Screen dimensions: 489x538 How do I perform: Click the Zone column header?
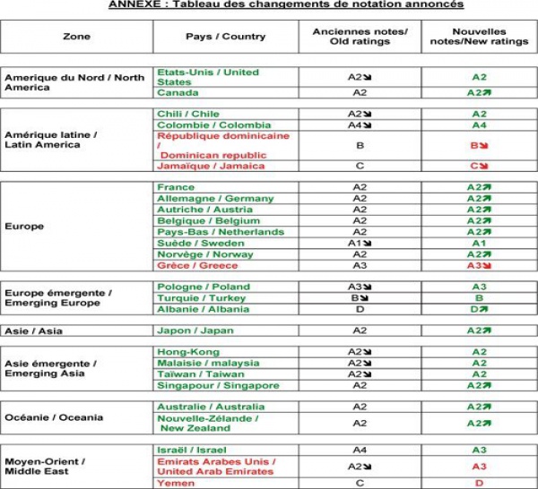pos(76,37)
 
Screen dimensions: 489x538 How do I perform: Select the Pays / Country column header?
pos(225,37)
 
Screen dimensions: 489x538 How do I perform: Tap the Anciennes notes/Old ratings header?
pos(360,37)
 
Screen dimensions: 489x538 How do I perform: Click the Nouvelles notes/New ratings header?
pos(479,37)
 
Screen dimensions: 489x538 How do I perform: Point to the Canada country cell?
pos(178,92)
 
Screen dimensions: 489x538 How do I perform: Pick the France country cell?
pos(177,187)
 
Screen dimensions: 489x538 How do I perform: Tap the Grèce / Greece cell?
pos(197,265)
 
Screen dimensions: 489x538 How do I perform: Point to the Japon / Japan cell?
pos(195,330)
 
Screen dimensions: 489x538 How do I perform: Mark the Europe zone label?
pos(24,227)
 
